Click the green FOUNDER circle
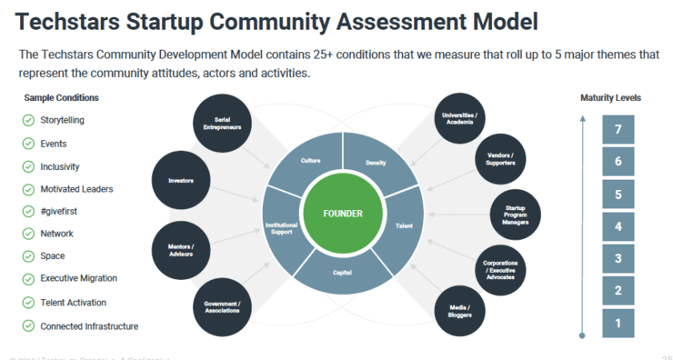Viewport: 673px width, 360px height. coord(343,214)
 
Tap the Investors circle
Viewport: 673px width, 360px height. coord(181,181)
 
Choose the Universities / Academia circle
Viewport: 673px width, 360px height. coord(459,119)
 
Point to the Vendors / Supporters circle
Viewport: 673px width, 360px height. coord(500,159)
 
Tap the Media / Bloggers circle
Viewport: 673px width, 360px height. coord(459,309)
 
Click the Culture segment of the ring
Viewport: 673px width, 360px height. coord(311,161)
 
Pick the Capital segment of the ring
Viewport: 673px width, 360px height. coord(343,272)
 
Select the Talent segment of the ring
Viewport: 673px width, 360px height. coord(404,227)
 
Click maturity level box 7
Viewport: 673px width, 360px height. coord(618,129)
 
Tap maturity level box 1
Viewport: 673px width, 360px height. coord(618,322)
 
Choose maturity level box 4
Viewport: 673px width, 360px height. coord(618,226)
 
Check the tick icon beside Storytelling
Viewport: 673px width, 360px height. coord(28,121)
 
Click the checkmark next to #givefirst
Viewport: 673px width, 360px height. coord(28,212)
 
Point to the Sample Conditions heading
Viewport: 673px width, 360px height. coord(62,98)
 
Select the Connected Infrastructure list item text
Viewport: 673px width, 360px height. coord(89,326)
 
